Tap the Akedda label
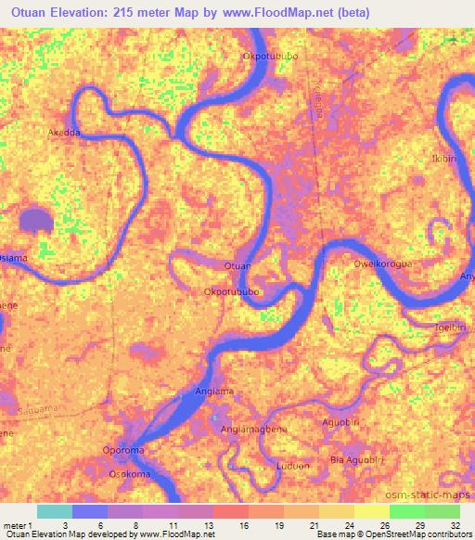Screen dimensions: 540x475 tap(64, 133)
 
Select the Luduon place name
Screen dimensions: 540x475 tap(289, 466)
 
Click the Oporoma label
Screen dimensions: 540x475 tap(122, 453)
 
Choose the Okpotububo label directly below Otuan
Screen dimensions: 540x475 tap(231, 291)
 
